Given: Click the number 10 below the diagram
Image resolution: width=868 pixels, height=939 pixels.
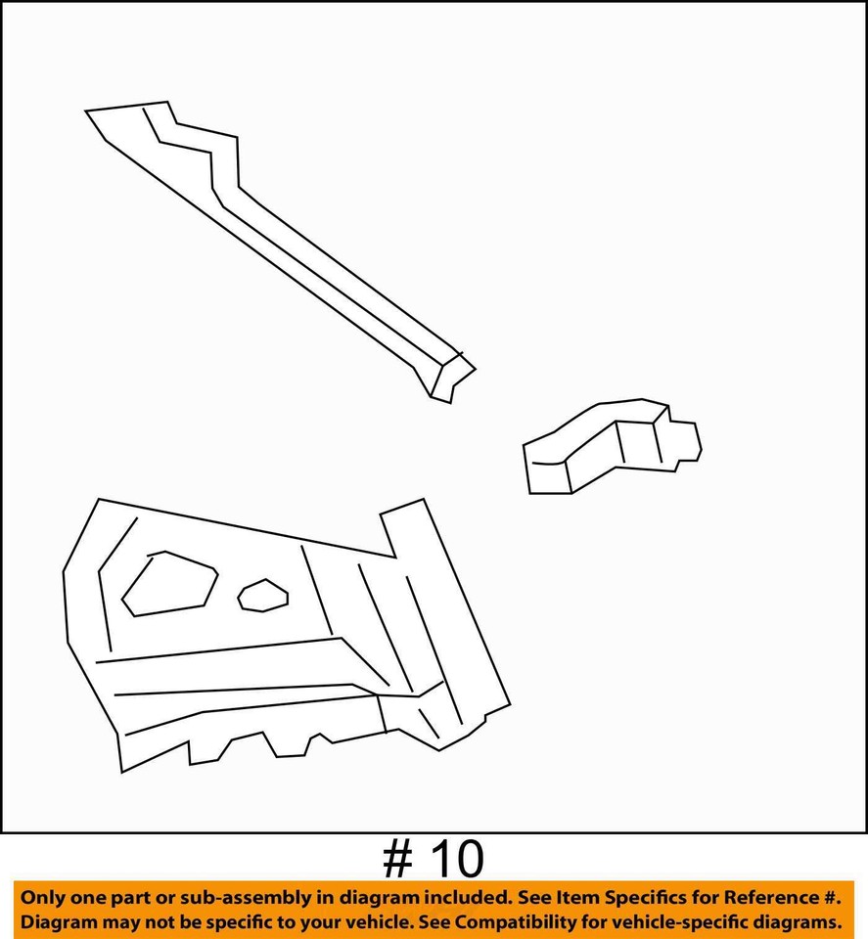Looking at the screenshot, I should coord(454,860).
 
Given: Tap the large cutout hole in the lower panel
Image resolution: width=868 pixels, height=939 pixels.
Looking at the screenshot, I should coord(168,585).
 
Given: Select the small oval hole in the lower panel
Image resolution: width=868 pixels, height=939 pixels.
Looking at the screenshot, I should coord(263,595).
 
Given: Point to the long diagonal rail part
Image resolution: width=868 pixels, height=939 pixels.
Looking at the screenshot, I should coord(294,245).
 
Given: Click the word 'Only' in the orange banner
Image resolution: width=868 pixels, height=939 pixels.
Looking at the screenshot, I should coord(44,897).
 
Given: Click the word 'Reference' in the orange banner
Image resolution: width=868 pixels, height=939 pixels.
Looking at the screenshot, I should coord(765,897).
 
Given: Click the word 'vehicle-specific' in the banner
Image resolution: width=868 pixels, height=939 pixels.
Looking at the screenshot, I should coord(698,921).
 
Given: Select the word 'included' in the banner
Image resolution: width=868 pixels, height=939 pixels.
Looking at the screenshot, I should coord(465,897).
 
